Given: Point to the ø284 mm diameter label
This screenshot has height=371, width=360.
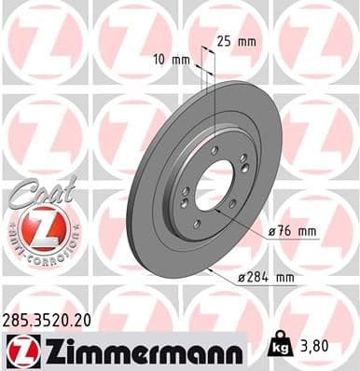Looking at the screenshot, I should point(299,277).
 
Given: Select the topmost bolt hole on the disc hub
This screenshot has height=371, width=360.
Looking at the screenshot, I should point(214,150).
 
